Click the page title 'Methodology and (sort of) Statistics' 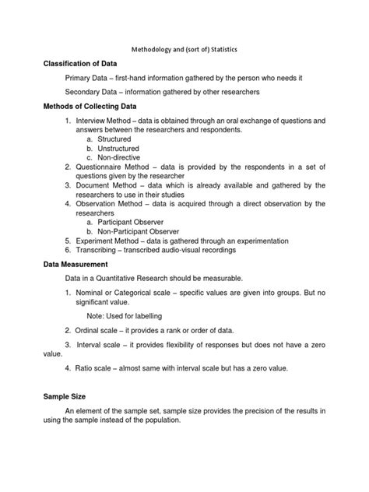pyautogui.click(x=184, y=49)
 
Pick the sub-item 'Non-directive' pyautogui.click(x=118, y=157)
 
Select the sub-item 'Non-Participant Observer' pyautogui.click(x=142, y=232)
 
